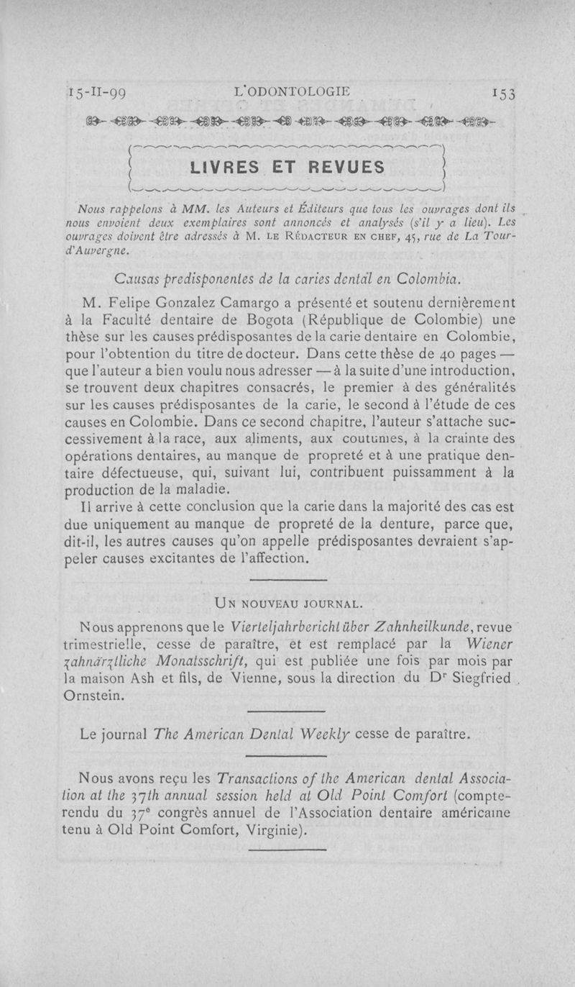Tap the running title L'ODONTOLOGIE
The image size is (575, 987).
pos(296,91)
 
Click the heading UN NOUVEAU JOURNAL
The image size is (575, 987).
pos(287,601)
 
